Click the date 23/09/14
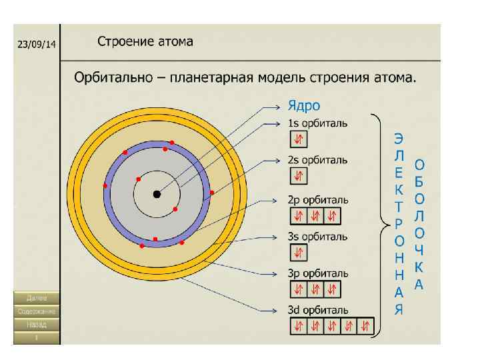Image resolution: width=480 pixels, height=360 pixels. point(37,44)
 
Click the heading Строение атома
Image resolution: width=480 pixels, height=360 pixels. point(145,41)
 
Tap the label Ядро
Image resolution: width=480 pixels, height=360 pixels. point(303,105)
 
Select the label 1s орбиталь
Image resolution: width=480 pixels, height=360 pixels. point(317,123)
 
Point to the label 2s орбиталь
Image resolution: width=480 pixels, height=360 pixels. point(317,160)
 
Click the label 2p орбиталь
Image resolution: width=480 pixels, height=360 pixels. point(317,199)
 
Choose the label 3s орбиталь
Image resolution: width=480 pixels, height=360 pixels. point(317,236)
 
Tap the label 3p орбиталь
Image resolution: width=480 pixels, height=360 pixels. point(317,273)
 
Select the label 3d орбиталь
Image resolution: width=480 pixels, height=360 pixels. point(317,310)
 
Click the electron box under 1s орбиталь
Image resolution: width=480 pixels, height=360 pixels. point(299,139)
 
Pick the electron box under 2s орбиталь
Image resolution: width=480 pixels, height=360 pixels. point(299,176)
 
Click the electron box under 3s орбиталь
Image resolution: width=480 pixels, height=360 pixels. point(299,253)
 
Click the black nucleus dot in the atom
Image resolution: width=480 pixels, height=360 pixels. point(157,194)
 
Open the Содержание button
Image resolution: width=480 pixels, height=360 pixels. point(37,311)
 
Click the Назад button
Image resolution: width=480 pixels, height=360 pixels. point(37,325)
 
